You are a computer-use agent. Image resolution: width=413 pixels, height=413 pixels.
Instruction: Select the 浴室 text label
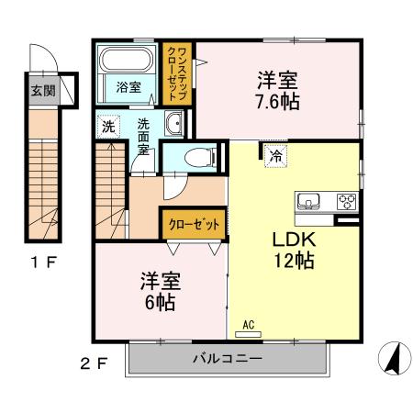coord(128,88)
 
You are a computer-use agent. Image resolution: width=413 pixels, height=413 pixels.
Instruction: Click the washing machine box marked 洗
coord(106,126)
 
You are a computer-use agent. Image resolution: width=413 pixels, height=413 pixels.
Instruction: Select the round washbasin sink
coord(174,125)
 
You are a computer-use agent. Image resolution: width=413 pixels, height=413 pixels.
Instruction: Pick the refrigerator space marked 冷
coord(273,156)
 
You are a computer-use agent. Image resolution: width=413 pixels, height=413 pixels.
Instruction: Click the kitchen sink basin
coord(308,201)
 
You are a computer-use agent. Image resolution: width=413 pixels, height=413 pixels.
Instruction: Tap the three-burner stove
coord(346,201)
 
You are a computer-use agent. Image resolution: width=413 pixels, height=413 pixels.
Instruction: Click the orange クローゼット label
coord(193,223)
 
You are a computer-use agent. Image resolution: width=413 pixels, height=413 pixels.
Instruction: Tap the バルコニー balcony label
coord(228,358)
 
